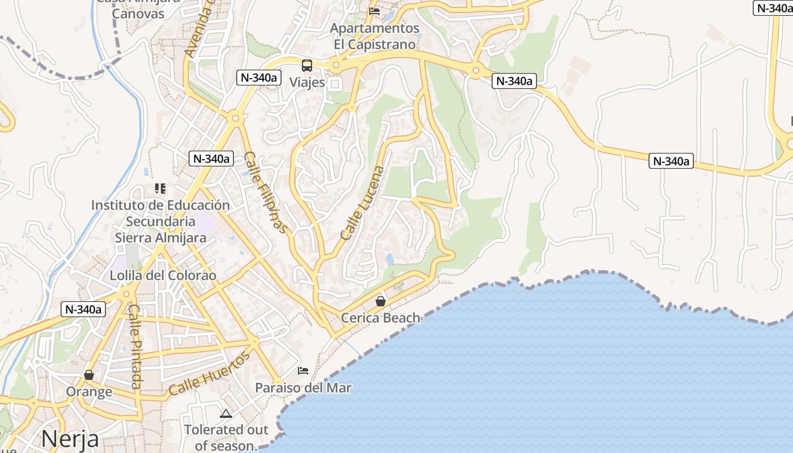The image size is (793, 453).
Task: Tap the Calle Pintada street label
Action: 135,347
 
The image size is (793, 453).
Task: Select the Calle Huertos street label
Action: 209,374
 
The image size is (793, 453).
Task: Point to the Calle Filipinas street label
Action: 265,192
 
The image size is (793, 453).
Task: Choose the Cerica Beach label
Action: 381,318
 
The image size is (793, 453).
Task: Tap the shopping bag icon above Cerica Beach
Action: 381,301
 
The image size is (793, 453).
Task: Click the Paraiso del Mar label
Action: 303,388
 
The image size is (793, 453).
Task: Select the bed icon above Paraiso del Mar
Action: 303,371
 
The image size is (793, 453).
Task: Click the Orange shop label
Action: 89,392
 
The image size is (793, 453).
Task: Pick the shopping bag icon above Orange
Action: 89,375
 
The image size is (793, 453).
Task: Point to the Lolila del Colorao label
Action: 163,276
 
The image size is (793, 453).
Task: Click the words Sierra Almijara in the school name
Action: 160,237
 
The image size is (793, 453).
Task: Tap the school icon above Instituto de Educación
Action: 160,188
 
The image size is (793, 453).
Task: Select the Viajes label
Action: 308,82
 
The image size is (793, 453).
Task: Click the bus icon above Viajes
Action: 307,65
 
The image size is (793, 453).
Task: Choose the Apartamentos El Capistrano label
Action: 374,36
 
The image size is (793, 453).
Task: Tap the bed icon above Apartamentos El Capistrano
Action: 374,11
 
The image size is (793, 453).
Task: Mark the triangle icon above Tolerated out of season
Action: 226,414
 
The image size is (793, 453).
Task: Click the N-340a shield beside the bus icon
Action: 259,78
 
